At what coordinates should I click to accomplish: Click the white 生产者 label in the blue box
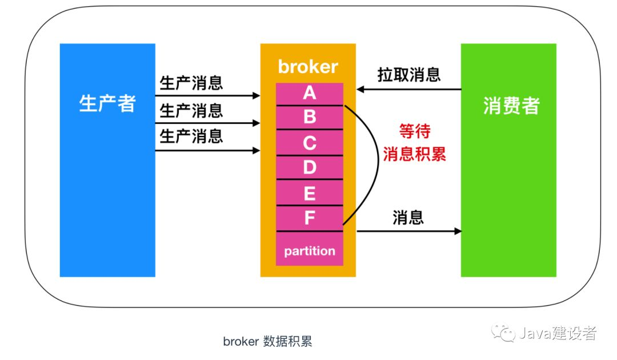pyautogui.click(x=107, y=104)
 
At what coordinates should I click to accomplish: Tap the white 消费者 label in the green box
pyautogui.click(x=511, y=105)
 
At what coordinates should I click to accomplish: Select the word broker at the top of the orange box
pyautogui.click(x=308, y=67)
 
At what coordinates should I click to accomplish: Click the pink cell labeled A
pyautogui.click(x=310, y=93)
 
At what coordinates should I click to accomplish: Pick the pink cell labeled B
pyautogui.click(x=310, y=117)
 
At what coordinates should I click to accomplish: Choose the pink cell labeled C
pyautogui.click(x=310, y=142)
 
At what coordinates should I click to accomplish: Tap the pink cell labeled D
pyautogui.click(x=310, y=167)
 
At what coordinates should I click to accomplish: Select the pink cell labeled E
pyautogui.click(x=310, y=193)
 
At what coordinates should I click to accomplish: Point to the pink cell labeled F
pyautogui.click(x=310, y=218)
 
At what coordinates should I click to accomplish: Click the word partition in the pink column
pyautogui.click(x=310, y=251)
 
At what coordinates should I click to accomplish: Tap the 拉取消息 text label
pyautogui.click(x=408, y=75)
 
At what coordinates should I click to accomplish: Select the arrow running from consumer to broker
pyautogui.click(x=408, y=90)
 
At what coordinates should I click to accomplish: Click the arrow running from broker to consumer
pyautogui.click(x=408, y=231)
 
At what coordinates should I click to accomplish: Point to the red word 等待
pyautogui.click(x=414, y=132)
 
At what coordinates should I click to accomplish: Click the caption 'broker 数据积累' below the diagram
pyautogui.click(x=267, y=342)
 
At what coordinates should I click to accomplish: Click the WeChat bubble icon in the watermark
pyautogui.click(x=505, y=333)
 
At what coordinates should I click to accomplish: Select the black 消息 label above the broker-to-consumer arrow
pyautogui.click(x=408, y=217)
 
